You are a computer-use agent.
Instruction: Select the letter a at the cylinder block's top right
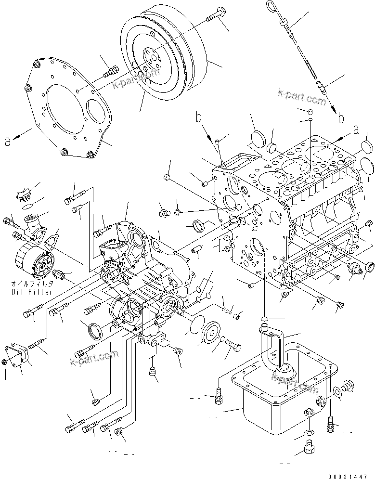(356, 129)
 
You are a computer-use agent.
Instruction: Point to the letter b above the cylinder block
(198, 117)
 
